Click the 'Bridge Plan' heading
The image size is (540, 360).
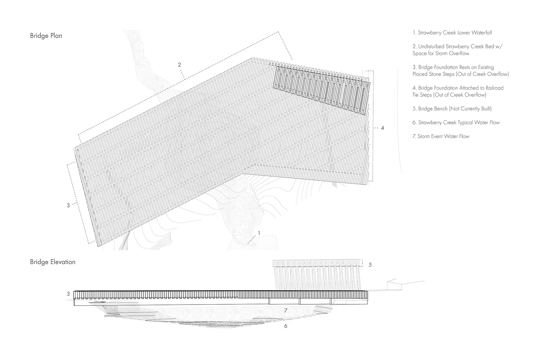click(46, 36)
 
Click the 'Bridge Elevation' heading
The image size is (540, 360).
click(53, 262)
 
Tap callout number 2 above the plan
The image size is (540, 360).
click(179, 65)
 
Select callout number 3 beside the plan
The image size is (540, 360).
click(68, 206)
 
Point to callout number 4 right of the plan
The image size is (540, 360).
click(382, 128)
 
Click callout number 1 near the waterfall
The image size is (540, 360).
click(259, 233)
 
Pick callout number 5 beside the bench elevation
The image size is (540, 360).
click(370, 265)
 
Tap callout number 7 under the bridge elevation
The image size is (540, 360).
click(285, 310)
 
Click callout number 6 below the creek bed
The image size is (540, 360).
click(286, 326)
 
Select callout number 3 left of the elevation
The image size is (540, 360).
click(68, 294)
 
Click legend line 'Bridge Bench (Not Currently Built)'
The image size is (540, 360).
click(452, 109)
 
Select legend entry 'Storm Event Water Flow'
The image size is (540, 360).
click(441, 136)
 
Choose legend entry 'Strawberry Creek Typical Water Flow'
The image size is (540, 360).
click(456, 122)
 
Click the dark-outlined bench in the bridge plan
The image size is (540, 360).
click(322, 87)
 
